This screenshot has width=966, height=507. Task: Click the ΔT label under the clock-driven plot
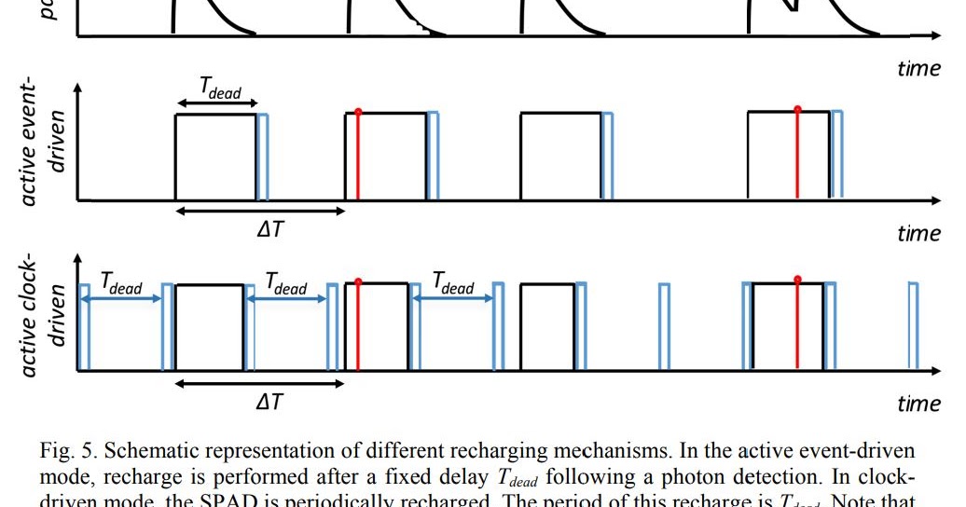pos(269,402)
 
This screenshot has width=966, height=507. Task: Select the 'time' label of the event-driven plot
pos(918,232)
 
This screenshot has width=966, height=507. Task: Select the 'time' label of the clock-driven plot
pos(918,403)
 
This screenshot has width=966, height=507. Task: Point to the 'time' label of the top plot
pos(918,68)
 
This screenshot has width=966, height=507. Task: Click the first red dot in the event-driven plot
pos(357,113)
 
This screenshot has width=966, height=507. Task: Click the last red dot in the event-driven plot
pos(797,110)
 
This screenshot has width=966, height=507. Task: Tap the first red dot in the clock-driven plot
pos(357,281)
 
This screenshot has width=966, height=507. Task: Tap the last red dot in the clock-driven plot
pos(797,280)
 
